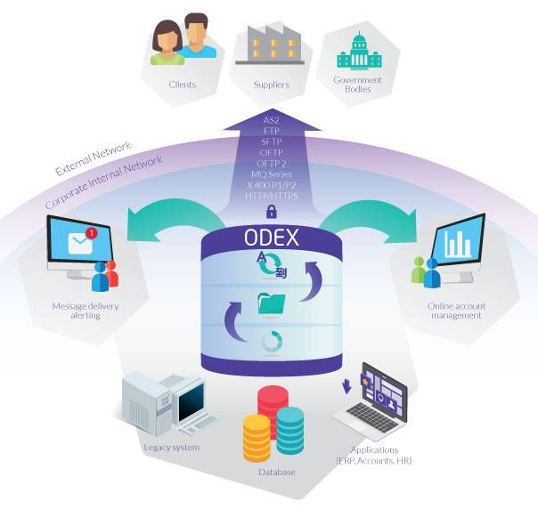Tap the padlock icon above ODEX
pyautogui.click(x=270, y=212)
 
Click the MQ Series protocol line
pyautogui.click(x=272, y=173)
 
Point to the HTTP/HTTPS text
pyautogui.click(x=272, y=194)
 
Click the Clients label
pyautogui.click(x=182, y=85)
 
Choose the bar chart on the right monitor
pyautogui.click(x=457, y=243)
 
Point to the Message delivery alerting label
pyautogui.click(x=86, y=311)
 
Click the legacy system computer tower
pyautogui.click(x=145, y=400)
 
